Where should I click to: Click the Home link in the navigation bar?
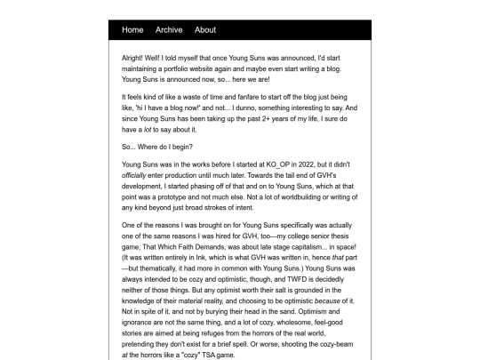132,30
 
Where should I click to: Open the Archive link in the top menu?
169,30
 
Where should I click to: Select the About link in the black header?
205,30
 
